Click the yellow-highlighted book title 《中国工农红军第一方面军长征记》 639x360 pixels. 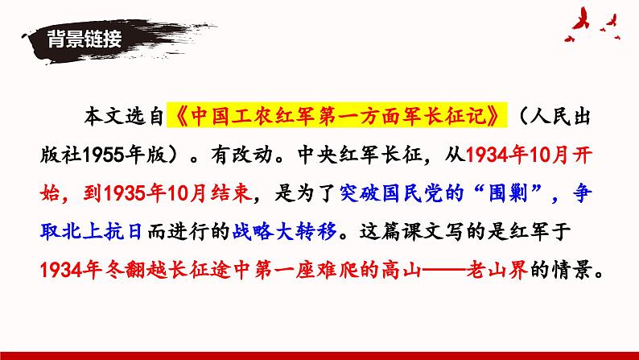coord(339,118)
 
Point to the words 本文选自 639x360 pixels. coord(128,118)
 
